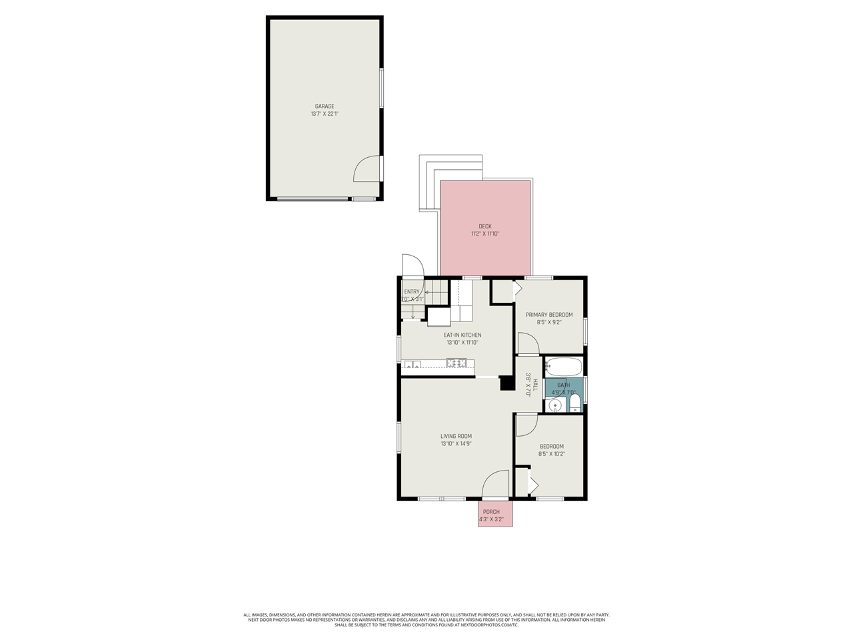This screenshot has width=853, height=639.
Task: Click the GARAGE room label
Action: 325,106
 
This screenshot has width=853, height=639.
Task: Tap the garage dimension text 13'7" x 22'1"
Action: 325,114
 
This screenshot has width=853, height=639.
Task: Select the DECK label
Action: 485,226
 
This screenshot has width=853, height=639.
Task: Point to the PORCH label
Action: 491,512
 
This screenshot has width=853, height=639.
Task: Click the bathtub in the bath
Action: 564,367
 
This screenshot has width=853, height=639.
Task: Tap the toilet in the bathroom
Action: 575,402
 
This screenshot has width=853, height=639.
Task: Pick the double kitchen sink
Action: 411,364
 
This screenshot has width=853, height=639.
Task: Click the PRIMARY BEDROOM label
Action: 549,315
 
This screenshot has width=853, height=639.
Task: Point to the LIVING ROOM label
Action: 456,437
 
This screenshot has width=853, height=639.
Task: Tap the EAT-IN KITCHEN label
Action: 462,335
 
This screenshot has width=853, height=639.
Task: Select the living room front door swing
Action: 494,484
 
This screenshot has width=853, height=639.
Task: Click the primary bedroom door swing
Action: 528,343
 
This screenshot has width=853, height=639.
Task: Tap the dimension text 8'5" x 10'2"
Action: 551,454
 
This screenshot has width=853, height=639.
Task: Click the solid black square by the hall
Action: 506,383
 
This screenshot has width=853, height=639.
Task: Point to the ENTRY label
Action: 412,292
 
